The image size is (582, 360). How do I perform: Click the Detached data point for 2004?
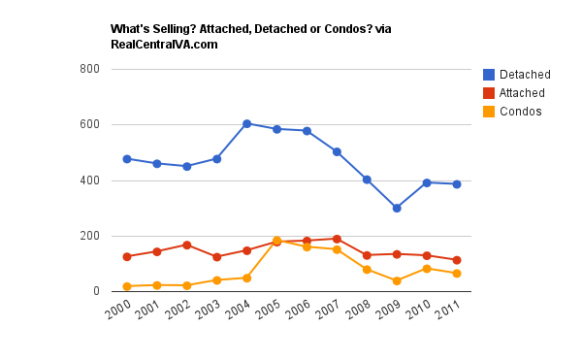(x=247, y=124)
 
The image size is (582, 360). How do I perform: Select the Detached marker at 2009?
(x=397, y=208)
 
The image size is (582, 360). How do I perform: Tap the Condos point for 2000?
(x=127, y=286)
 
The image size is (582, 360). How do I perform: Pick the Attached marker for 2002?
(x=187, y=245)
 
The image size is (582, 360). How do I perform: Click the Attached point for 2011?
(x=456, y=260)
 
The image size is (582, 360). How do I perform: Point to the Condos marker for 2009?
(x=397, y=280)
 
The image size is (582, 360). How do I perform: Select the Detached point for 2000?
(x=127, y=159)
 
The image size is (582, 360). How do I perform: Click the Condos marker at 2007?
(x=337, y=249)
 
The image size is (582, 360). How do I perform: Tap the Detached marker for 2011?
(x=456, y=183)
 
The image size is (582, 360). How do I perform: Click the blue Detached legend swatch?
(x=490, y=75)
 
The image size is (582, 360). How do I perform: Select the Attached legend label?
(x=522, y=93)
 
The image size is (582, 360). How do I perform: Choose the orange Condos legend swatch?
(x=490, y=112)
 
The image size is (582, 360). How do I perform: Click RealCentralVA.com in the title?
(x=164, y=45)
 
